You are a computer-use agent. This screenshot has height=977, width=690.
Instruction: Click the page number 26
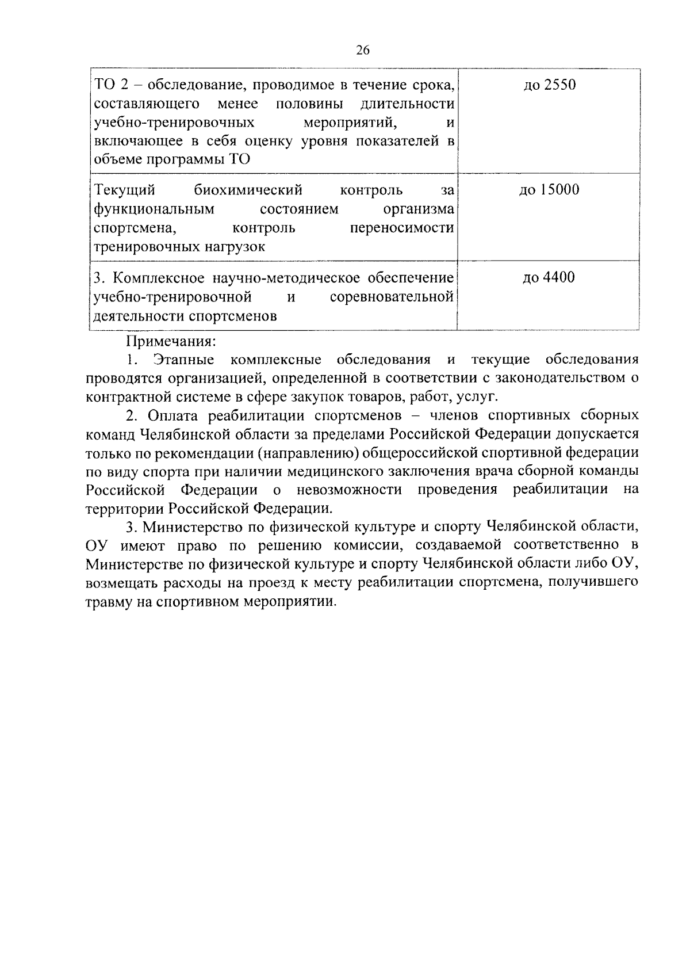coord(362,51)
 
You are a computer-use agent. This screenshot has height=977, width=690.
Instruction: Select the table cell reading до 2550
coord(549,86)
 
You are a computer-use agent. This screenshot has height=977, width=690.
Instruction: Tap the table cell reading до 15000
coord(549,190)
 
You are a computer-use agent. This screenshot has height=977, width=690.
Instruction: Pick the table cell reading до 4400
coord(549,278)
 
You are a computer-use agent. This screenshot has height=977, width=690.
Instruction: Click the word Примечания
coord(171,341)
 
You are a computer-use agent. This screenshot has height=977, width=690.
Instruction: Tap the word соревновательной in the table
coord(392,297)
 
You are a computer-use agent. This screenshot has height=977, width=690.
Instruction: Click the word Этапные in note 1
coord(183,360)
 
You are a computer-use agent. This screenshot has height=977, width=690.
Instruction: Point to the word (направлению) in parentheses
coord(308,453)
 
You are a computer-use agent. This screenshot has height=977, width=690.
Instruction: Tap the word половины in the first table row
coord(309,104)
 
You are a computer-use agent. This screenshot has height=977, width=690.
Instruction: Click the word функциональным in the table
coord(154,209)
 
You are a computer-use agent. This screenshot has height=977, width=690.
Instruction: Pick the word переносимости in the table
coord(402,228)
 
